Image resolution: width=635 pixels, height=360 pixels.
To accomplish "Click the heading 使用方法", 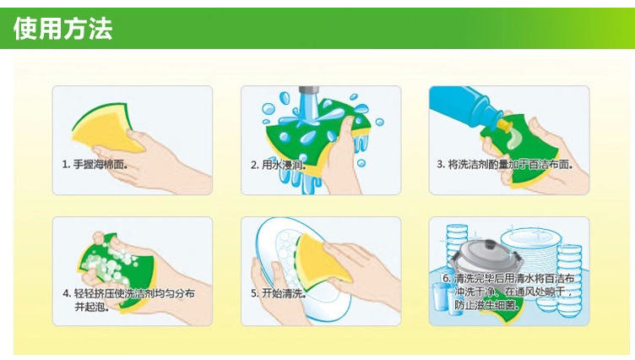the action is pos(62,29).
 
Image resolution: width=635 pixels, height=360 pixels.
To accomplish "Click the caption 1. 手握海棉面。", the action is pos(95,165).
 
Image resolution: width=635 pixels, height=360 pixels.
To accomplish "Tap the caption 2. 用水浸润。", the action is pos(278,165).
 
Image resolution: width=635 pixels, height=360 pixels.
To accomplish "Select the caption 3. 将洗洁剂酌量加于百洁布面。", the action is pos(505,165).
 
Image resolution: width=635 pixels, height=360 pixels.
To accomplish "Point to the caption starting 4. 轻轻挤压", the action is pos(129,300).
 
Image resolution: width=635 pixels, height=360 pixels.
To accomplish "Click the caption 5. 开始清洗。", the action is pos(278,293).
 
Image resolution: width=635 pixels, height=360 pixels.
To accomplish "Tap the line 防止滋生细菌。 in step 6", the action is pos(486,304).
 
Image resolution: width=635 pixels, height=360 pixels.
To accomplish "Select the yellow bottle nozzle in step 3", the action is pos(505,125).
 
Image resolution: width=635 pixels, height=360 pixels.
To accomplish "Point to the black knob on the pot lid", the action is pos(490,244).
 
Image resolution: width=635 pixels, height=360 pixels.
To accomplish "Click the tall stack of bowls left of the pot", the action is pos(456,243).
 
